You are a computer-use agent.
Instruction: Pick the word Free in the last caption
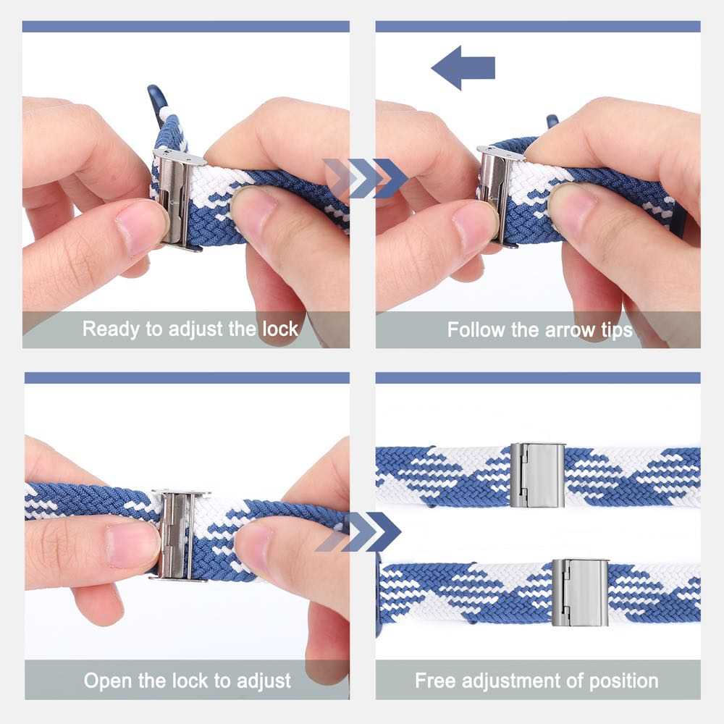click(x=436, y=681)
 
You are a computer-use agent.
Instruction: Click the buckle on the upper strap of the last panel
click(x=536, y=474)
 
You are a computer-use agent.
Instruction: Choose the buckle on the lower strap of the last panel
click(x=579, y=592)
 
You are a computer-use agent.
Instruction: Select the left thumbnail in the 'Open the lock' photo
click(x=133, y=541)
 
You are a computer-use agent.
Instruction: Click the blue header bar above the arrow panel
click(x=538, y=27)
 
